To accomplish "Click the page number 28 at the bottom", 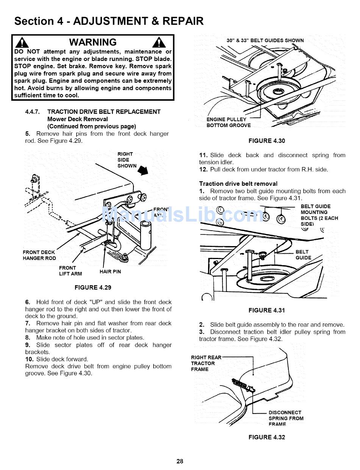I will pyautogui.click(x=180, y=461).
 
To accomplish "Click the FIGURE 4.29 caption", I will pyautogui.click(x=93, y=287).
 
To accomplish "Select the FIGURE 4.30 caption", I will pyautogui.click(x=267, y=141).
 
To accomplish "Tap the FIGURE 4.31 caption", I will pyautogui.click(x=267, y=310).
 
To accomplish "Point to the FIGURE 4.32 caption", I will pyautogui.click(x=267, y=437).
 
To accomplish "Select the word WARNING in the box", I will pyautogui.click(x=93, y=42).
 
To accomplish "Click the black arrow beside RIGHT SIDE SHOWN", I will pyautogui.click(x=143, y=171).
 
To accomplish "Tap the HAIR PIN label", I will pyautogui.click(x=110, y=272).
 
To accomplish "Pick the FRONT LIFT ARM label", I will pyautogui.click(x=70, y=271).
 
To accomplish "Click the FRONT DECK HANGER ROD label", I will pyautogui.click(x=39, y=255).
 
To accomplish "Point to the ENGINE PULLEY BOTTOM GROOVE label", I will pyautogui.click(x=229, y=122).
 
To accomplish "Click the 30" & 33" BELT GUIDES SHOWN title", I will pyautogui.click(x=265, y=41).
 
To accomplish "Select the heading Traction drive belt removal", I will pyautogui.click(x=238, y=184).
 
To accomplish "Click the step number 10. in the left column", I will pyautogui.click(x=30, y=359).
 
